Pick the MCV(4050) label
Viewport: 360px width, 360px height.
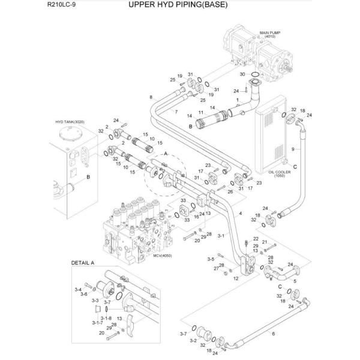click(x=162, y=254)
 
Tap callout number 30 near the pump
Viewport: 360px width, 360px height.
click(x=242, y=74)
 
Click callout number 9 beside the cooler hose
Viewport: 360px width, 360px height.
click(x=292, y=149)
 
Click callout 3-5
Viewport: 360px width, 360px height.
click(x=211, y=259)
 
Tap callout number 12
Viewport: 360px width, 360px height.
click(x=236, y=279)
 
